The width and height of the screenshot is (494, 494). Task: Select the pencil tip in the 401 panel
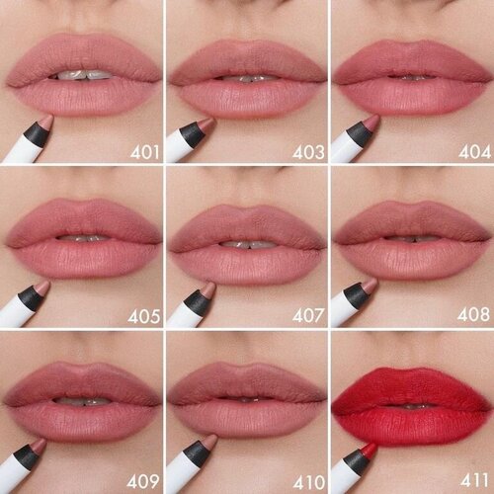pos(43,123)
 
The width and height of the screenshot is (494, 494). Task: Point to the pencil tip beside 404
pos(371,123)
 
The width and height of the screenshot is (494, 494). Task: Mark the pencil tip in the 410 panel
pos(206,451)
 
